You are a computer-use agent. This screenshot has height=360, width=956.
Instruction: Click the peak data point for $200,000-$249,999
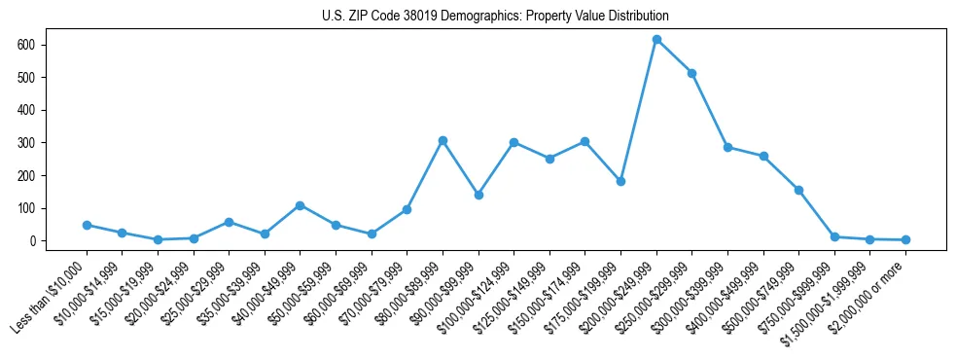(x=656, y=40)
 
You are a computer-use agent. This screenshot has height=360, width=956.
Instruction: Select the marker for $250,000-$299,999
(x=691, y=73)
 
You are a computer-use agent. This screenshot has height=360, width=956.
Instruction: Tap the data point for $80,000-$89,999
(x=443, y=140)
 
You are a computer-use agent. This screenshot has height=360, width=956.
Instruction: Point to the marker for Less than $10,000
(x=87, y=225)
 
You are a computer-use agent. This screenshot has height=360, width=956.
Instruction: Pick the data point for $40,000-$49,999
(x=300, y=205)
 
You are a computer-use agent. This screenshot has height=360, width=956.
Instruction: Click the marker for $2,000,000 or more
(x=905, y=239)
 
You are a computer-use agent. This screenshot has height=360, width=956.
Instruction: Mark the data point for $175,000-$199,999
(x=620, y=181)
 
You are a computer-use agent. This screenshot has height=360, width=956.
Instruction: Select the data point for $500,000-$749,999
(x=798, y=190)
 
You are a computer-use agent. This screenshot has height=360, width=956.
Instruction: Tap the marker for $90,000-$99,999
(x=478, y=195)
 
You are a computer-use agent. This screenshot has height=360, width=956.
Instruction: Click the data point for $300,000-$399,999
(x=727, y=147)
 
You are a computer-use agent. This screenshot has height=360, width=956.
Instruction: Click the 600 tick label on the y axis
(x=26, y=45)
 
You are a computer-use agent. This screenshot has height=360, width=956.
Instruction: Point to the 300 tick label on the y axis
(x=26, y=143)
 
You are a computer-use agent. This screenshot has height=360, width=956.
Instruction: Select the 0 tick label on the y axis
(x=32, y=241)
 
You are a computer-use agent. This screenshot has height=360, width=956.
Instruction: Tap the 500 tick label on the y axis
(x=26, y=78)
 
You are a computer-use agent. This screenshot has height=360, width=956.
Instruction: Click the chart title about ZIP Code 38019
(x=495, y=17)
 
